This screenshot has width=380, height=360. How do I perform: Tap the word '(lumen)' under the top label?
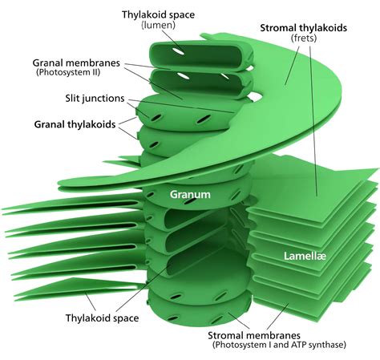click(x=157, y=26)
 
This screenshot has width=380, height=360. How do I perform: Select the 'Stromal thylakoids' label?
click(x=303, y=28)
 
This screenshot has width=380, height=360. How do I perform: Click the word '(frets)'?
click(x=303, y=39)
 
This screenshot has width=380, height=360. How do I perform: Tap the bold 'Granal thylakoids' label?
click(x=77, y=124)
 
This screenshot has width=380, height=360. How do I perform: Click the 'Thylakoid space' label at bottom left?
click(x=102, y=318)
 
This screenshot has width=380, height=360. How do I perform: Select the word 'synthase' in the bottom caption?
click(x=329, y=346)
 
